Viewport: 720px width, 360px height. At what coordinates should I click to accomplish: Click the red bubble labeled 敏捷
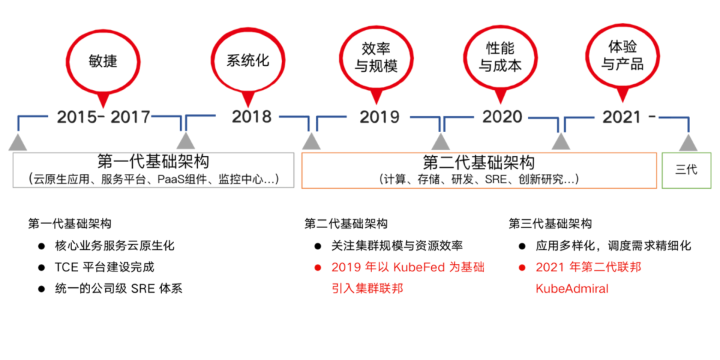[103, 61]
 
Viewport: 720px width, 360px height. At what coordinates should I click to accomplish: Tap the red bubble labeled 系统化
[247, 59]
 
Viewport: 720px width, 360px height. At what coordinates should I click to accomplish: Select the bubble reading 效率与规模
[375, 57]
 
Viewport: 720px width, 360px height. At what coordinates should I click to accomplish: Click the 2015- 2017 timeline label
[103, 117]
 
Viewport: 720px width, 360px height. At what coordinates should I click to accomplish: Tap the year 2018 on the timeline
[251, 117]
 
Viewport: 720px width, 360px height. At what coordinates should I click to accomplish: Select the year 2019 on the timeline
[379, 117]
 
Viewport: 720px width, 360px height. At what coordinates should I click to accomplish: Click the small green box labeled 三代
[686, 169]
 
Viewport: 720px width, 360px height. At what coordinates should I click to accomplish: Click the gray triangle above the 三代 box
[688, 141]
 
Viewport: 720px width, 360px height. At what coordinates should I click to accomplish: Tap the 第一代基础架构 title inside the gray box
[153, 162]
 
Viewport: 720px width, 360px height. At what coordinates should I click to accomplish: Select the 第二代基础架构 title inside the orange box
[479, 162]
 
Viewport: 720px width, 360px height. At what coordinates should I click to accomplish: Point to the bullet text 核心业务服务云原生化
[115, 245]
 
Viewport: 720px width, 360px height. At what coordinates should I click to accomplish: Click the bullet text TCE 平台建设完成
[105, 267]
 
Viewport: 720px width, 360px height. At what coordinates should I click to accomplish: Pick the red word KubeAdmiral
[572, 289]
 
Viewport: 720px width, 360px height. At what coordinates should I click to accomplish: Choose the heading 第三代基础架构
[550, 223]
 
